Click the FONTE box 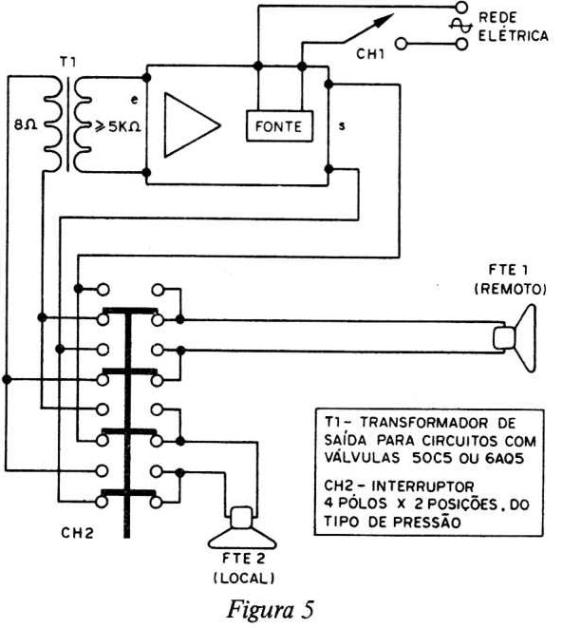(x=279, y=125)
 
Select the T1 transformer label (x=68, y=63)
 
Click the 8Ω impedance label (x=26, y=125)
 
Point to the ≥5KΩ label (x=117, y=126)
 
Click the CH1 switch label (x=370, y=54)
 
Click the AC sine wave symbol (x=460, y=26)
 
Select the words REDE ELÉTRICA (x=514, y=27)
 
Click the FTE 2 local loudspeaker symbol (x=242, y=528)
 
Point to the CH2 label (x=77, y=533)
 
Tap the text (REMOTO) (x=510, y=289)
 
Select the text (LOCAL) (x=244, y=578)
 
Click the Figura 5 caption (x=271, y=609)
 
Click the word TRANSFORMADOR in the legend (x=424, y=423)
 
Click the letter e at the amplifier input (x=135, y=100)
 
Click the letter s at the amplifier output (x=342, y=125)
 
